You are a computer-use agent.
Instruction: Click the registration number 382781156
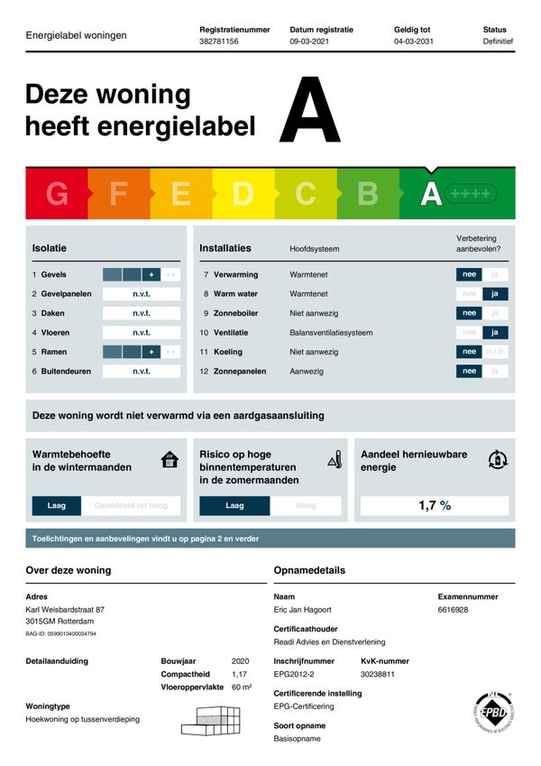click(219, 42)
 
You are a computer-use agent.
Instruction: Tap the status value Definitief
click(498, 42)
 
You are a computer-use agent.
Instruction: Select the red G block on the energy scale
click(57, 194)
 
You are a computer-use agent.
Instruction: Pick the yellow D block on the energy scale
click(243, 194)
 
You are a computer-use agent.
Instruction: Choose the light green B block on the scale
click(368, 194)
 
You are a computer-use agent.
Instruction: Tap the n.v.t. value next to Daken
click(142, 313)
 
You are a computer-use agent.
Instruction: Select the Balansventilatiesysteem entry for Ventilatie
click(331, 333)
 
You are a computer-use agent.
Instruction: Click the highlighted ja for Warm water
click(495, 294)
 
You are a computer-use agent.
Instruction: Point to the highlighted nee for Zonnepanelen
click(469, 371)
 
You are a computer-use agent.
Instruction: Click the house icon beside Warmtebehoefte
click(170, 460)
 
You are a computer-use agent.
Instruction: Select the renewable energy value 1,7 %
click(435, 505)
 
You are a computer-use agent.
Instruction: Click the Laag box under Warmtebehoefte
click(57, 506)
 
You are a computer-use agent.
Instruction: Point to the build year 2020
click(240, 661)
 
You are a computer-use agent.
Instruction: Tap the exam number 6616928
click(453, 611)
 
